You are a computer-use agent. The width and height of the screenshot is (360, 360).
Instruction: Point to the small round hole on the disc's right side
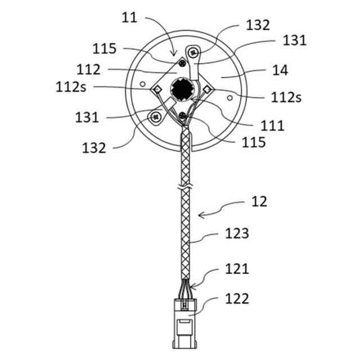coord(229,98)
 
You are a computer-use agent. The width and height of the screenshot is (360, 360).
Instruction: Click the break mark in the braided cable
coord(183,187)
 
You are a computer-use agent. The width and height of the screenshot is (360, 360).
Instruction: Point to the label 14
coord(280,70)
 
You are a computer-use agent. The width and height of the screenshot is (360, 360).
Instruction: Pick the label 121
coord(237,269)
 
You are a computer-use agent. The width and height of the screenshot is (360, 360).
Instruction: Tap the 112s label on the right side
coord(285,97)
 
